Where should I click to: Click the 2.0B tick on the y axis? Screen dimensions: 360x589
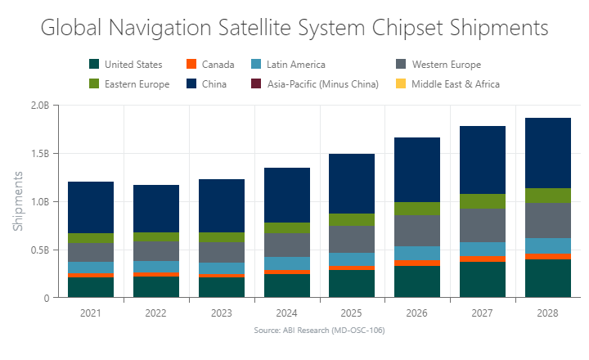[x=39, y=106]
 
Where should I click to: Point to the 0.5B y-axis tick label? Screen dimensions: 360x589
[x=39, y=250]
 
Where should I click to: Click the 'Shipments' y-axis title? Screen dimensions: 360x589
[x=17, y=201]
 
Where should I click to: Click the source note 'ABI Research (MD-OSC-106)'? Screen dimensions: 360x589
[x=319, y=331]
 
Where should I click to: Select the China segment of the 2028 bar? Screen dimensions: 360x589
[x=548, y=153]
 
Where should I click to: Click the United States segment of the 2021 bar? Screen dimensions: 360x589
[x=91, y=287]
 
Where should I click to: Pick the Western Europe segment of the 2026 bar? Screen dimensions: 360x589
[x=417, y=231]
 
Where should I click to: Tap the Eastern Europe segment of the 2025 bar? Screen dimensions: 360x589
[x=352, y=219]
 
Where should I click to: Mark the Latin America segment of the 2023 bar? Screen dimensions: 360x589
[x=222, y=268]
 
